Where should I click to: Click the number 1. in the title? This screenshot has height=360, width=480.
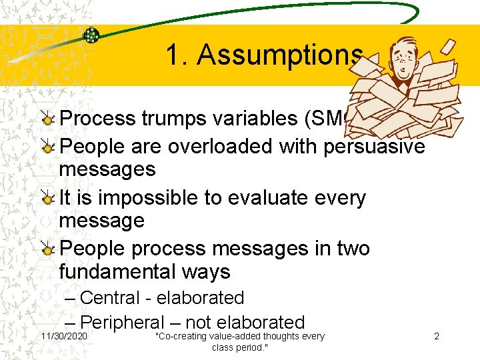tap(177, 55)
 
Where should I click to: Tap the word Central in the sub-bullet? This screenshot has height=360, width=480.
tap(109, 298)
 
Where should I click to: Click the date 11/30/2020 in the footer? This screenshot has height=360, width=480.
tap(63, 337)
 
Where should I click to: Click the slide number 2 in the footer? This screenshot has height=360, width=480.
tap(437, 337)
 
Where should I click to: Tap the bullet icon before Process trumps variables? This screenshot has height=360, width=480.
tap(48, 119)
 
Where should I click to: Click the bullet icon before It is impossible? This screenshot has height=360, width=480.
tap(48, 199)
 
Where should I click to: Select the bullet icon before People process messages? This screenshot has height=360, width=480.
tap(48, 249)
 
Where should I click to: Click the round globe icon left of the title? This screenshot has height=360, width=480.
tap(92, 35)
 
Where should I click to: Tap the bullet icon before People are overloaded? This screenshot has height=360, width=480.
tap(48, 145)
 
